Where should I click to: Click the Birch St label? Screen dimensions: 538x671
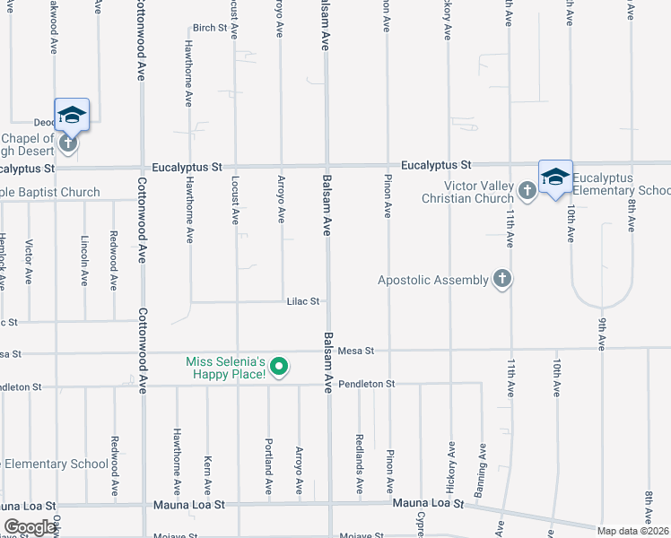coord(211,28)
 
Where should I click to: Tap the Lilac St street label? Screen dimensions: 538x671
coord(303,301)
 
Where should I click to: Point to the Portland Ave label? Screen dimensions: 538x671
coord(268,472)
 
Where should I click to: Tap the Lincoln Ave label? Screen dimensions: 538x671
coord(84,261)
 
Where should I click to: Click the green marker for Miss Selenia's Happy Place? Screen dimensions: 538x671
coord(279,366)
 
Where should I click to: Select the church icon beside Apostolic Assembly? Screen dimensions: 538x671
coord(501,280)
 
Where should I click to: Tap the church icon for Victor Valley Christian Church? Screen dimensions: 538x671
coord(527,190)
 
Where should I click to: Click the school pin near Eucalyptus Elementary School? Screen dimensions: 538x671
coord(555,176)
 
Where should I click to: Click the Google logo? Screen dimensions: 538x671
coord(30,527)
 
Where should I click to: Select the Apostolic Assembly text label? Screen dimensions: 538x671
coord(432,280)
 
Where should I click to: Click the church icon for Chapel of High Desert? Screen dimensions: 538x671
coord(66,143)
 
